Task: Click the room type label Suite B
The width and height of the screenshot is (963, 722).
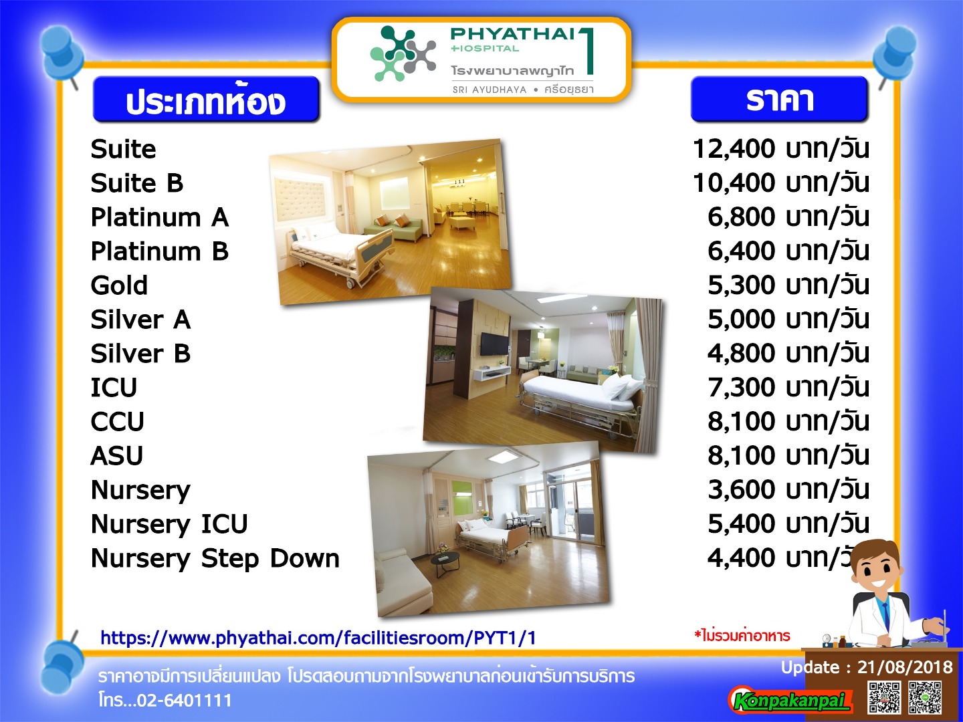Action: click(x=137, y=183)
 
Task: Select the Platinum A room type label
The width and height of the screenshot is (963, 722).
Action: click(x=160, y=217)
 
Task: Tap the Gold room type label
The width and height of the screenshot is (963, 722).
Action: click(x=119, y=285)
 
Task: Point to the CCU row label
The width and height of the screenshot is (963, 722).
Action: click(x=117, y=422)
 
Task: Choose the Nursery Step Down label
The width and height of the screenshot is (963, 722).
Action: click(x=215, y=558)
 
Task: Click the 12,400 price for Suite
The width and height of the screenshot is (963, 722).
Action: click(x=734, y=148)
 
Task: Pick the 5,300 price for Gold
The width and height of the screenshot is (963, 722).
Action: click(x=742, y=285)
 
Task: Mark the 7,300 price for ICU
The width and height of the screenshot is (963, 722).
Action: click(x=742, y=387)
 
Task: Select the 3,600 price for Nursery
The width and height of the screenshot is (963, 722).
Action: click(x=742, y=489)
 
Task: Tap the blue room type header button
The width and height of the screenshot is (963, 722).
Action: click(x=206, y=99)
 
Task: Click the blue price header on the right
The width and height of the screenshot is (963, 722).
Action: click(x=779, y=99)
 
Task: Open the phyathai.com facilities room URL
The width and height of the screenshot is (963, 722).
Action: click(x=318, y=638)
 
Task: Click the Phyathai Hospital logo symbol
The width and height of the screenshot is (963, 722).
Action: click(x=403, y=53)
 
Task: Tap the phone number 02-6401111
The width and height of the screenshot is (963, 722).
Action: click(x=185, y=700)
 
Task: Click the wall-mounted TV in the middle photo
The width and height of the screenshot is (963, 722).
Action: click(x=494, y=344)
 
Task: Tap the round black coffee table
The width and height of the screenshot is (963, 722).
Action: click(x=445, y=560)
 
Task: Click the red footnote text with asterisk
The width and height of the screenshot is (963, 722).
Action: click(x=742, y=635)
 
